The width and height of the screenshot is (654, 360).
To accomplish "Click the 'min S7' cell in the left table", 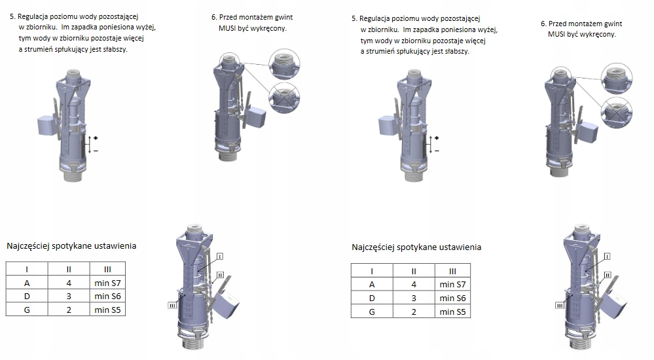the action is coord(107,283).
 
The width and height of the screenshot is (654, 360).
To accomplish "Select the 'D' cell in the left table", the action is coord(27,296).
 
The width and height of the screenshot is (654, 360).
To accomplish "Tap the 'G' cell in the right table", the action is coord(372,312).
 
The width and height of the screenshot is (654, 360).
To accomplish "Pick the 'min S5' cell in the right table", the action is coord(452,312).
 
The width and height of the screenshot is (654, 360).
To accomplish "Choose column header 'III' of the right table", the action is coord(452,271).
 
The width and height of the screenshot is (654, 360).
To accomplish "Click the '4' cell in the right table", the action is coord(414,285).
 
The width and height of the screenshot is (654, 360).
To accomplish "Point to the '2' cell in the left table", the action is coord(69,310).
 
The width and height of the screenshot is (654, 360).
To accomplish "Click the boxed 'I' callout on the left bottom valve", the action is coord(220,257).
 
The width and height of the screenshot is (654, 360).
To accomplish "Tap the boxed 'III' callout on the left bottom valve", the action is coord(172,306).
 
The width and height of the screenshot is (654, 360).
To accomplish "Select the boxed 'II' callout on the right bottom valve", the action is coord(608,275).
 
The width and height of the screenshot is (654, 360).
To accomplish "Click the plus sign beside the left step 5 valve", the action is coord(96,137).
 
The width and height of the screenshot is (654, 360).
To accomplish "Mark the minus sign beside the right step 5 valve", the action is coord(437,151).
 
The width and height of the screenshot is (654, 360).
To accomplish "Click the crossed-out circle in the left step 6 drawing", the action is coord(285,98).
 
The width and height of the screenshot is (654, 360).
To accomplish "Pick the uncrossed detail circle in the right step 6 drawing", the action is coord(617,79).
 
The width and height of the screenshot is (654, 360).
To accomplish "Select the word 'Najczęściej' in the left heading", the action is coord(27,245).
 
